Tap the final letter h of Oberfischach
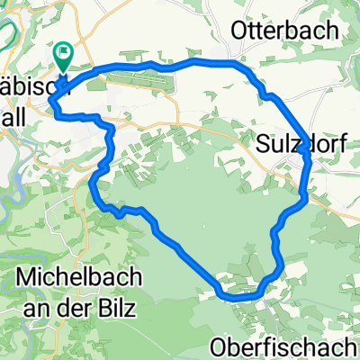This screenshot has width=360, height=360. point(353,346)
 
